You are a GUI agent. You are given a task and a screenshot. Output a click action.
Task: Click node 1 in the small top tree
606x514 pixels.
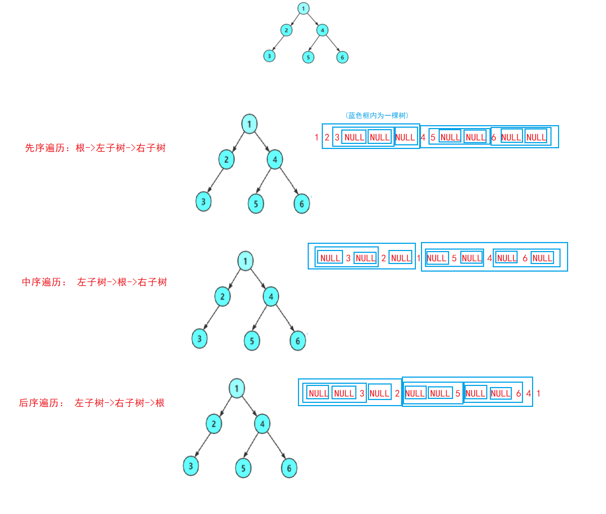(303, 8)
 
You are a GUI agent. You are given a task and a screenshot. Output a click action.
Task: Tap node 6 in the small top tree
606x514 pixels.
(342, 57)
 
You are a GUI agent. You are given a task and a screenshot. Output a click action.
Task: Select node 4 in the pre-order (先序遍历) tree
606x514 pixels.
(275, 159)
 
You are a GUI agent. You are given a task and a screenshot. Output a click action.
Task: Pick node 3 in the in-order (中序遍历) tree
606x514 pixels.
(199, 338)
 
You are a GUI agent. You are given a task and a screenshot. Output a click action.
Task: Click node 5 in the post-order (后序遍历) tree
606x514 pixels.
(243, 468)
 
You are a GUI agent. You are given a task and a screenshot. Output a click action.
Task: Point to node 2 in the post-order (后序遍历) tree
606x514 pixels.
(214, 423)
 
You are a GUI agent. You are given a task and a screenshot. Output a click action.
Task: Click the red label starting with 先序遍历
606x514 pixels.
(95, 148)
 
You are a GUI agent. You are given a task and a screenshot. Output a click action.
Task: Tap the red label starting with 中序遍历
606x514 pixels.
(95, 282)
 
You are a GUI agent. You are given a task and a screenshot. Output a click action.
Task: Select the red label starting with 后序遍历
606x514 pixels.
(92, 403)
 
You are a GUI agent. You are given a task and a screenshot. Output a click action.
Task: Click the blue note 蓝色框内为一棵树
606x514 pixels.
(377, 115)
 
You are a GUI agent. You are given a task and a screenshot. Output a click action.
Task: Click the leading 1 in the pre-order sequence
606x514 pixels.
(316, 137)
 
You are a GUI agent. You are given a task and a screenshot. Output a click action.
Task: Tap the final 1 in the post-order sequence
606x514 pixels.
(538, 394)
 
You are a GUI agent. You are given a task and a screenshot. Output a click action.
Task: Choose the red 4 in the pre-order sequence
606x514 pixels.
(423, 137)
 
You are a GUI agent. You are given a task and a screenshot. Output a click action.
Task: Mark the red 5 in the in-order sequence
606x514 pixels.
(454, 258)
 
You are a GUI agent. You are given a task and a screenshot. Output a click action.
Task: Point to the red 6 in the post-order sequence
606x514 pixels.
(518, 394)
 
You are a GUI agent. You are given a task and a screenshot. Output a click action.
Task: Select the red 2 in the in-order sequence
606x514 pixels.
(383, 258)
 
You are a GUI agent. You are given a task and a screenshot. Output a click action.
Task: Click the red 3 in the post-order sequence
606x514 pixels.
(362, 394)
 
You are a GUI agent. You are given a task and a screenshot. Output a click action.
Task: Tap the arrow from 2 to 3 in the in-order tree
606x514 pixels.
(211, 317)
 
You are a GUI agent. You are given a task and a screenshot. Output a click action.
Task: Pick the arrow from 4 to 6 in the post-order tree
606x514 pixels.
(276, 446)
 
